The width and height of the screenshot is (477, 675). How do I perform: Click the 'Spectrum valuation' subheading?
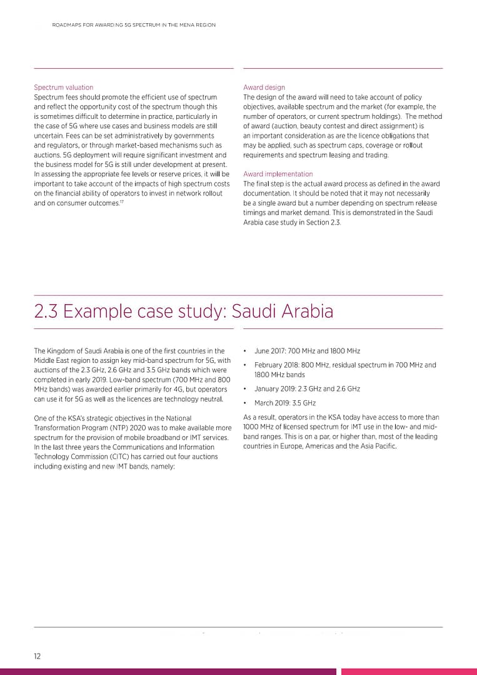click(63, 88)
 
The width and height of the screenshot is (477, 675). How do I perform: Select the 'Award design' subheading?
click(264, 88)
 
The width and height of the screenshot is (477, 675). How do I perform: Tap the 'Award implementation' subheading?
click(278, 174)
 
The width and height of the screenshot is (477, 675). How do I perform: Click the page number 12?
click(38, 656)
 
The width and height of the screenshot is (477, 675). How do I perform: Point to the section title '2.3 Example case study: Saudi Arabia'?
click(183, 311)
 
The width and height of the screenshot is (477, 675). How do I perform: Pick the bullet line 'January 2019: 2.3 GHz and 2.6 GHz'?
click(307, 389)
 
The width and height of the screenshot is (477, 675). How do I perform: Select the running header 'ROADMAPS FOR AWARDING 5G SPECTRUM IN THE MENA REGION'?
click(133, 25)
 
